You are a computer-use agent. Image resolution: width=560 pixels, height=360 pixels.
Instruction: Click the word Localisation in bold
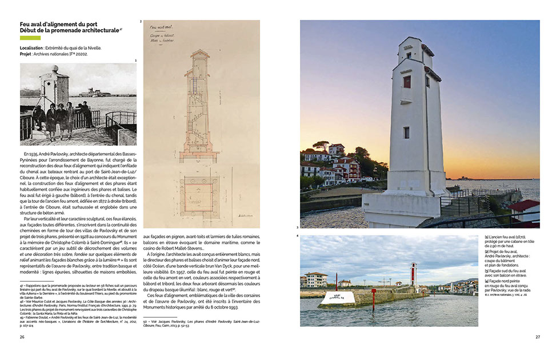pos(32,48)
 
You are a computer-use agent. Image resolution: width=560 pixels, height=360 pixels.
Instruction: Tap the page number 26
pos(22,337)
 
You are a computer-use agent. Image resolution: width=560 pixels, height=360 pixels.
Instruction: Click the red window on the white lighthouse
pos(407,82)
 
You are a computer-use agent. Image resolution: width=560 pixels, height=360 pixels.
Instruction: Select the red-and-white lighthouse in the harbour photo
pos(413,274)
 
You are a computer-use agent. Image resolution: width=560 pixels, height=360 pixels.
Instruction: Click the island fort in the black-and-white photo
pos(95,92)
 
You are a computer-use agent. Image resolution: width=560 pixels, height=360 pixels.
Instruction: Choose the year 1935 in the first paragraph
pos(32,154)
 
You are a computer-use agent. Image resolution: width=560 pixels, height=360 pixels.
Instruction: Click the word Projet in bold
pos(28,55)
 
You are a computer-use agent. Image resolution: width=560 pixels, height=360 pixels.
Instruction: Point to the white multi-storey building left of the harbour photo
pos(316,279)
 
